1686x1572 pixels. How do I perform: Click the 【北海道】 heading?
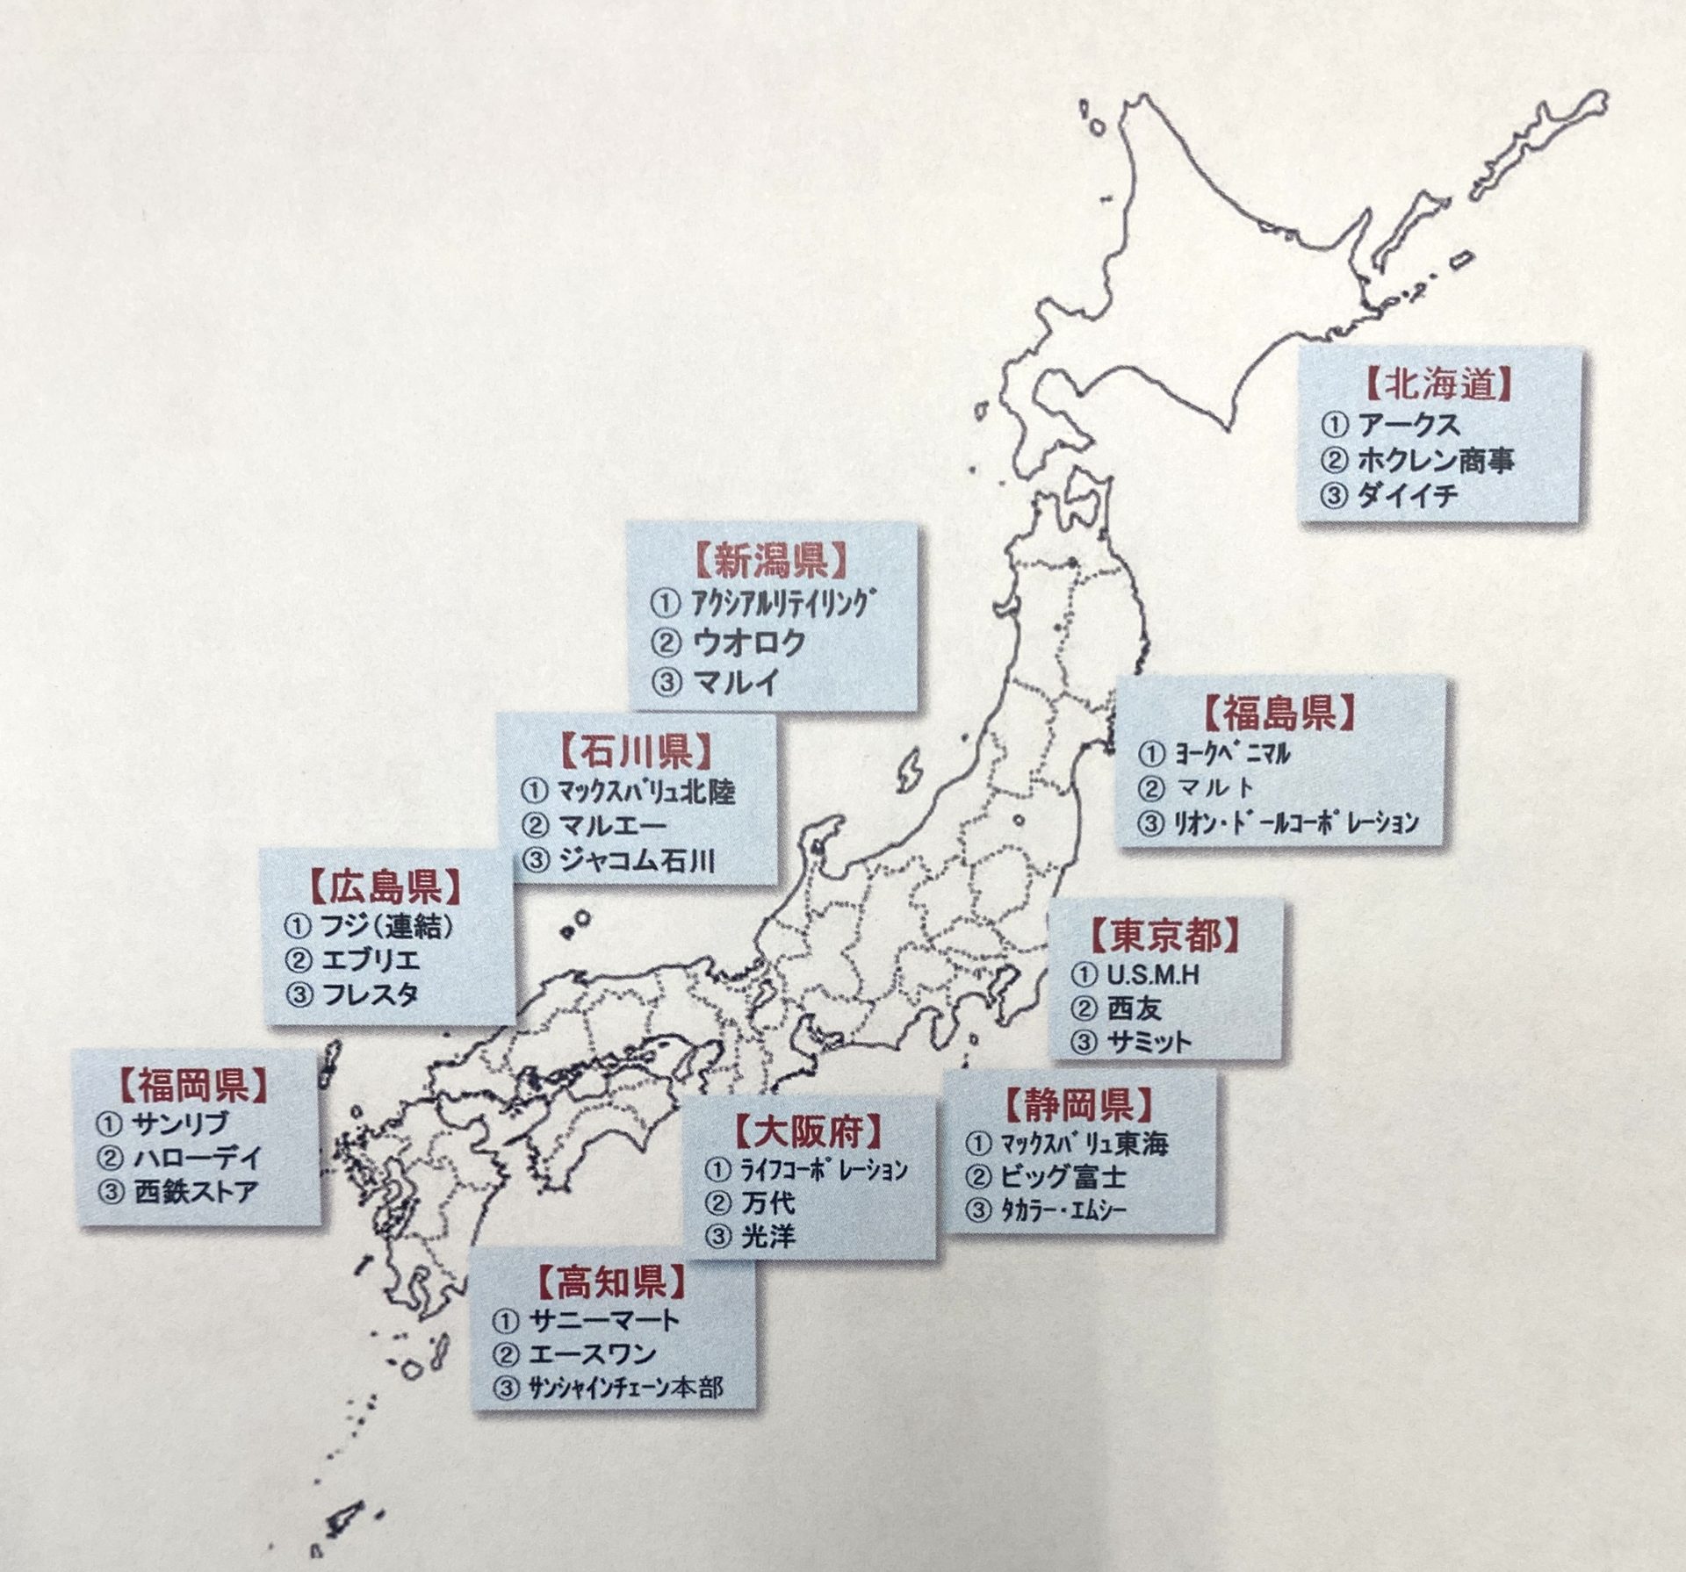1440,385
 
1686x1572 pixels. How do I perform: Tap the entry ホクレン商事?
1435,460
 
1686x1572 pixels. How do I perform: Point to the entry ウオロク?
747,643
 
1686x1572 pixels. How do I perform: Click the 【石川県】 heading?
636,753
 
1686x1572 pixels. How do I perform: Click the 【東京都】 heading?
1165,936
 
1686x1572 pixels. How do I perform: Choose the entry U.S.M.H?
1152,975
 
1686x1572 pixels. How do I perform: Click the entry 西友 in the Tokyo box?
1134,1009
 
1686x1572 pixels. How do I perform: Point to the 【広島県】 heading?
385,887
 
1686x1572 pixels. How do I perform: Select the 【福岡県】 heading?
193,1087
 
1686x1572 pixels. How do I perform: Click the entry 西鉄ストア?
195,1191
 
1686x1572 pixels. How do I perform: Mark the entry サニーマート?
605,1320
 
